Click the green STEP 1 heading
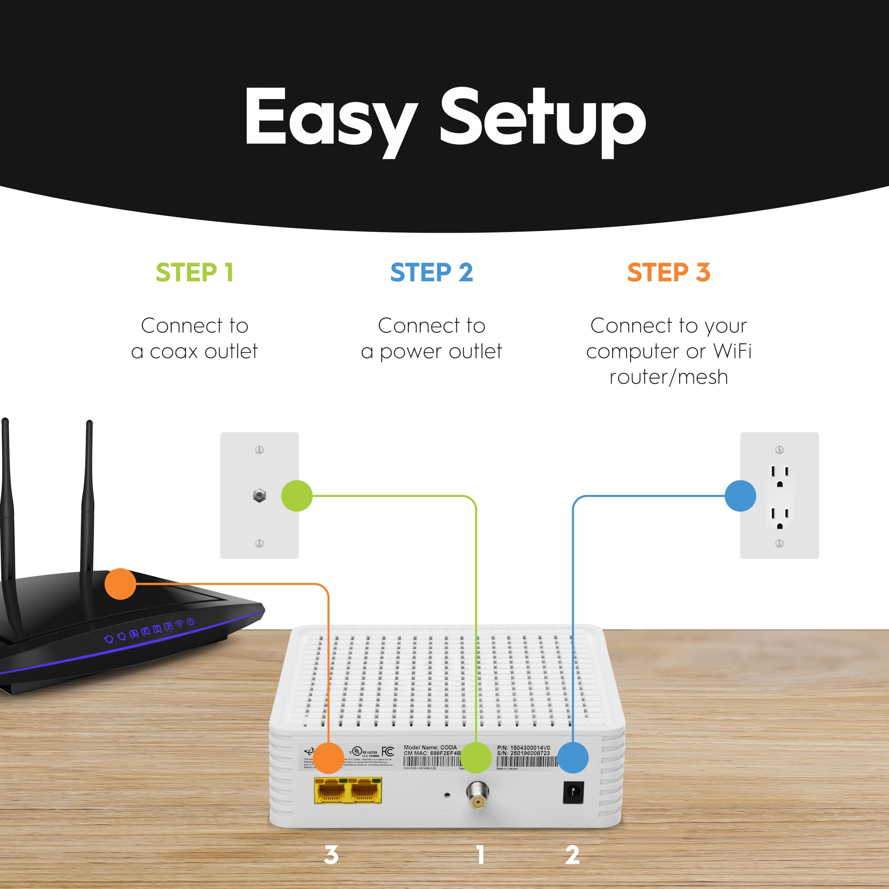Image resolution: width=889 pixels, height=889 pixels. point(194,272)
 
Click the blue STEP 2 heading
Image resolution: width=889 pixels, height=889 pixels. point(432,272)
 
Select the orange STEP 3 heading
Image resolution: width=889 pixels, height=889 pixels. point(668,272)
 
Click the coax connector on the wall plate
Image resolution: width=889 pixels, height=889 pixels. point(259,496)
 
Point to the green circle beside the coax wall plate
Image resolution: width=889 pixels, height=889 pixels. point(297,496)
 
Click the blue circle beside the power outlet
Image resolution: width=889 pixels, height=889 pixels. point(740,496)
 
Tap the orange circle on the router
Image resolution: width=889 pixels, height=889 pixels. point(121,584)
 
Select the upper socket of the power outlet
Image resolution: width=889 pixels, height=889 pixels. point(780,476)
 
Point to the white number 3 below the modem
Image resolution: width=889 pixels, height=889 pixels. point(331,855)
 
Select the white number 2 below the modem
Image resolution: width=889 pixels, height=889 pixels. point(572,855)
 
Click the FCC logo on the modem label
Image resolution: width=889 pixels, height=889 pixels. point(388,752)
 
